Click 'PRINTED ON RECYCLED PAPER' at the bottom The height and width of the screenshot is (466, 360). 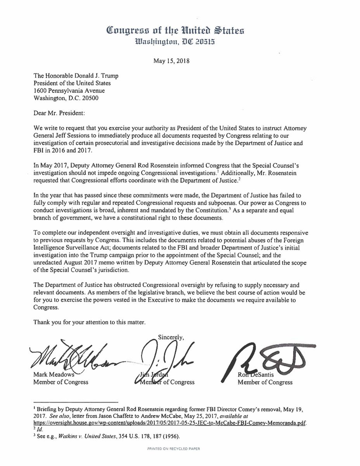180,459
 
